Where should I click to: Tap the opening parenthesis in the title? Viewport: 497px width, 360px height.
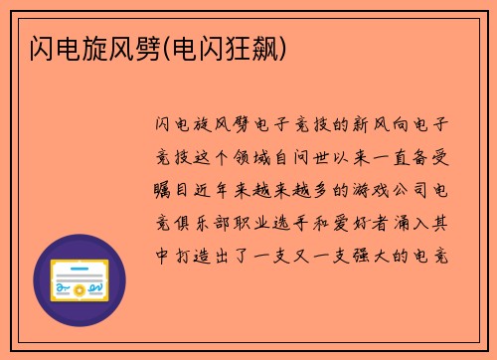[x=165, y=46]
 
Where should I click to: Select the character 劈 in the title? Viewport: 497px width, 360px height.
[x=143, y=46]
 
